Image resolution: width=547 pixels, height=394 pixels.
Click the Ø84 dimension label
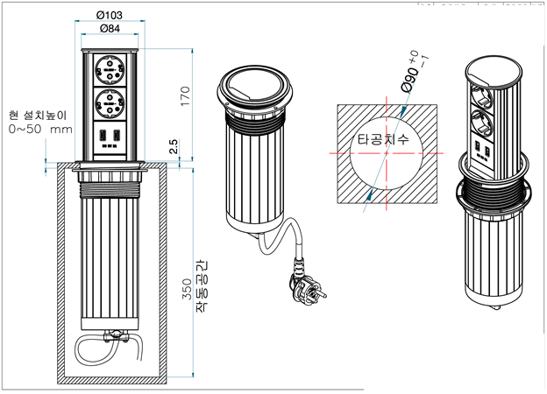(110, 31)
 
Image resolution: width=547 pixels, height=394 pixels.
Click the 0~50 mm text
(40, 130)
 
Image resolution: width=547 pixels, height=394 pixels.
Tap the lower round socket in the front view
(110, 106)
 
